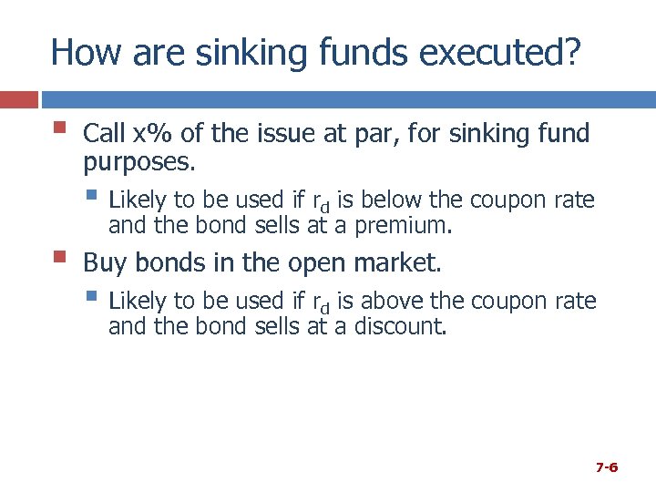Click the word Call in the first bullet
104,134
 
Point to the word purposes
138,163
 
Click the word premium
400,225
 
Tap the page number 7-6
607,467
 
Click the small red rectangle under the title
18,98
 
